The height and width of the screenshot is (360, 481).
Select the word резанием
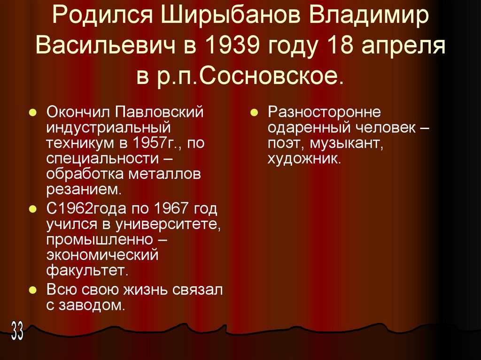84,189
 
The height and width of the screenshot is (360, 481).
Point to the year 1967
172,208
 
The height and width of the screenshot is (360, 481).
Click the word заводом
92,306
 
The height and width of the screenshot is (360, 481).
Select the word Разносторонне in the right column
324,113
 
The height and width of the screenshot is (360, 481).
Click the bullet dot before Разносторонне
253,113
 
